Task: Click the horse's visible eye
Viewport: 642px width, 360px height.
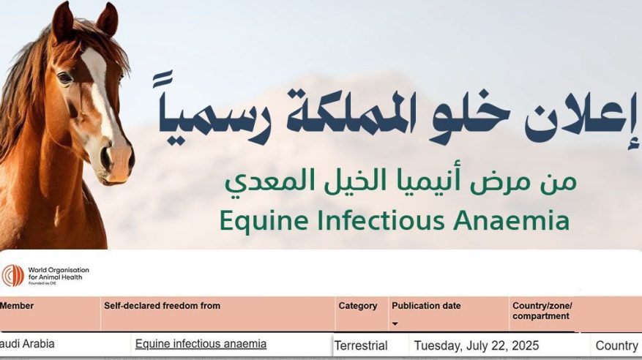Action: pos(64,78)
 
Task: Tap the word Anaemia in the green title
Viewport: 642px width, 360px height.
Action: pos(512,220)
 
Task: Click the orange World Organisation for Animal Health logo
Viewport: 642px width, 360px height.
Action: pos(12,276)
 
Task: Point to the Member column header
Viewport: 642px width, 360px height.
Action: pos(17,306)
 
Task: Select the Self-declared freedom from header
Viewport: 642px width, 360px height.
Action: pos(162,306)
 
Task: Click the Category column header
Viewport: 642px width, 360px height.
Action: pos(357,306)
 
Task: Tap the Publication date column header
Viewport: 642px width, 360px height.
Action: pos(426,306)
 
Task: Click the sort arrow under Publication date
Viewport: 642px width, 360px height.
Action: pos(395,324)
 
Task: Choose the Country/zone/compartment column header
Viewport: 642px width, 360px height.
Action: pos(542,311)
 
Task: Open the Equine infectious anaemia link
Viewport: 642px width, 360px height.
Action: pos(201,344)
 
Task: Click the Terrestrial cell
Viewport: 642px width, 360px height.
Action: pos(361,346)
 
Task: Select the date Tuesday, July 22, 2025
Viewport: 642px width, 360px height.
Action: pos(477,346)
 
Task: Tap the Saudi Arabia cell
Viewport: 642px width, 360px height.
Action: pos(27,344)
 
